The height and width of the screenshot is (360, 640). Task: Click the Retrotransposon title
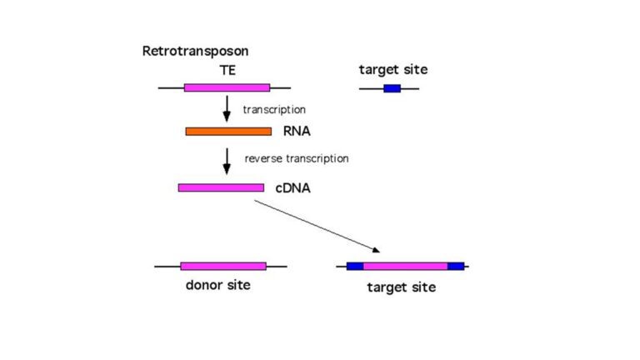195,52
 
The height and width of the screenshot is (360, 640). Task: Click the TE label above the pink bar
227,70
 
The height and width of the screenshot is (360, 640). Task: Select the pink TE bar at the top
227,87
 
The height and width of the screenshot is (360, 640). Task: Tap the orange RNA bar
228,131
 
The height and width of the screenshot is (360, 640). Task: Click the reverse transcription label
296,158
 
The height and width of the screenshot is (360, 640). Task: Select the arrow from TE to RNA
227,107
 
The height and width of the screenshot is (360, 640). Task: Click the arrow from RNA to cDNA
227,160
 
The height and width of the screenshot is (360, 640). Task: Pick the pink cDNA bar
221,187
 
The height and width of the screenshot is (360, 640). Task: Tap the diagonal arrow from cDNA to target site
317,226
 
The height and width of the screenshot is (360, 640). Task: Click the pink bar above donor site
223,266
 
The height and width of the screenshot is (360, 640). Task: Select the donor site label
217,286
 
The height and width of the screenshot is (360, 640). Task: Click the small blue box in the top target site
392,87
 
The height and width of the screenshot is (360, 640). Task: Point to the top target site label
392,70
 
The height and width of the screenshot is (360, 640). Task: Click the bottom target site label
401,288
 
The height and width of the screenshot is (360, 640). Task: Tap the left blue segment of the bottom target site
355,267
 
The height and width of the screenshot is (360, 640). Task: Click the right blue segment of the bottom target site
456,267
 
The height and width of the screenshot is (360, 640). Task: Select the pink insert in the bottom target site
405,267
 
